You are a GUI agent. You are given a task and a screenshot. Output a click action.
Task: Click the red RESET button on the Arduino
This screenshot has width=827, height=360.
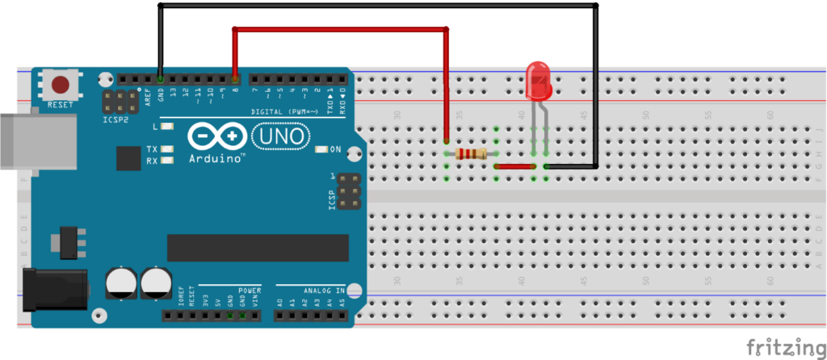[60, 84]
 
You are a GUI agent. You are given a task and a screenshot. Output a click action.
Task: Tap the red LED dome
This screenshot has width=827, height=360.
[538, 81]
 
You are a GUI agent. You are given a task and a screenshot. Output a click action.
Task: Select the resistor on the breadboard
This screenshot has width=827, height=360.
[471, 153]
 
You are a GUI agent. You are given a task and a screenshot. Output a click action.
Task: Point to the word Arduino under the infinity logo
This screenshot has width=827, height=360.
[216, 159]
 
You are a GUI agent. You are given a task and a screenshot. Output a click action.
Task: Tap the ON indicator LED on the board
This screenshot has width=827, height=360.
[321, 149]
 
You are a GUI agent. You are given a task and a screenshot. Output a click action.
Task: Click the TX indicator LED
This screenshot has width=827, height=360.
[168, 149]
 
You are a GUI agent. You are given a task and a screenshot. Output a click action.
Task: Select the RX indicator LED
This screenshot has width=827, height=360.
[168, 160]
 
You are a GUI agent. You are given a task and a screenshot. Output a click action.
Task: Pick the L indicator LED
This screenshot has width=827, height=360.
[168, 127]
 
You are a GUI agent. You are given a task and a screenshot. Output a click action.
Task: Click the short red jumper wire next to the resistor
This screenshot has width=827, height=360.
[514, 166]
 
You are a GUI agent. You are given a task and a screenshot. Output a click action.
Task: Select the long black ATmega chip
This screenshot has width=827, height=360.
[258, 248]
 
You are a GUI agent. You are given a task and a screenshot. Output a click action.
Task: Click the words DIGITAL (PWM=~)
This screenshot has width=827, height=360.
[282, 111]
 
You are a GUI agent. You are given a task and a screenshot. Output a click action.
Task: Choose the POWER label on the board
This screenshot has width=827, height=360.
[250, 289]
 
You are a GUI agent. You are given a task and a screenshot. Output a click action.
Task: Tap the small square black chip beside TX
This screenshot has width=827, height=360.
[128, 158]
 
